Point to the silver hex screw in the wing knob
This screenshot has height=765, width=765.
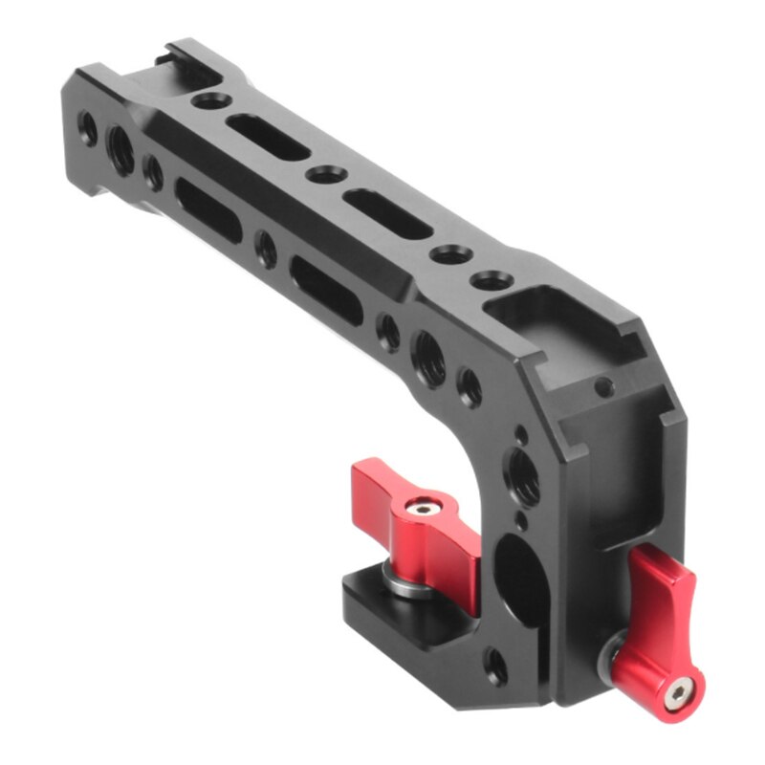tap(422, 509)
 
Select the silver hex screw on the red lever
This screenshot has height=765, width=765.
tap(681, 689)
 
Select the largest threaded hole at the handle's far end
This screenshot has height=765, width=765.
tap(121, 149)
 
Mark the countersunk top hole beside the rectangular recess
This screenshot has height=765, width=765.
tap(492, 281)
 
